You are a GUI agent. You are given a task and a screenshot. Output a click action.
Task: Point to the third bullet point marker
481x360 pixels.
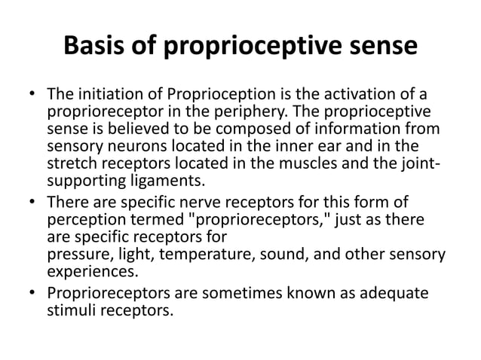pos(32,292)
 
